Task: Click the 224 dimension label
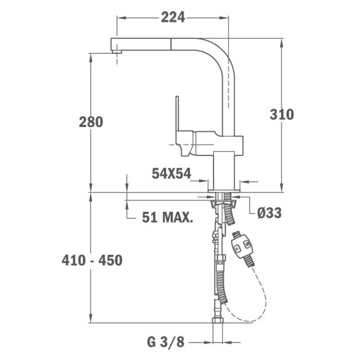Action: click(173, 18)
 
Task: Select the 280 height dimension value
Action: click(91, 122)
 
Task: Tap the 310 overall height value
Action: click(282, 114)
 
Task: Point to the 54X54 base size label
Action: click(172, 174)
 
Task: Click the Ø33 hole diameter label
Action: click(269, 213)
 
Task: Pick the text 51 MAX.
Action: click(167, 217)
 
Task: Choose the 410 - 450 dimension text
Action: click(92, 260)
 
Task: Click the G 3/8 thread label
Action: click(166, 342)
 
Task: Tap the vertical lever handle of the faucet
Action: click(177, 113)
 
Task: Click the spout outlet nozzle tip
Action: click(116, 52)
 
